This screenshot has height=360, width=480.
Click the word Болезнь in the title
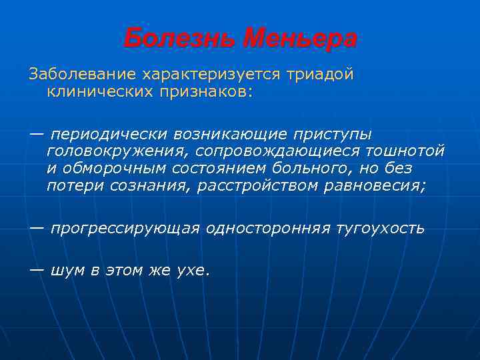[179, 39]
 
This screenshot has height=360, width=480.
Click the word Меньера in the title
[300, 39]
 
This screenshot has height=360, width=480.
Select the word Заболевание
[79, 74]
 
